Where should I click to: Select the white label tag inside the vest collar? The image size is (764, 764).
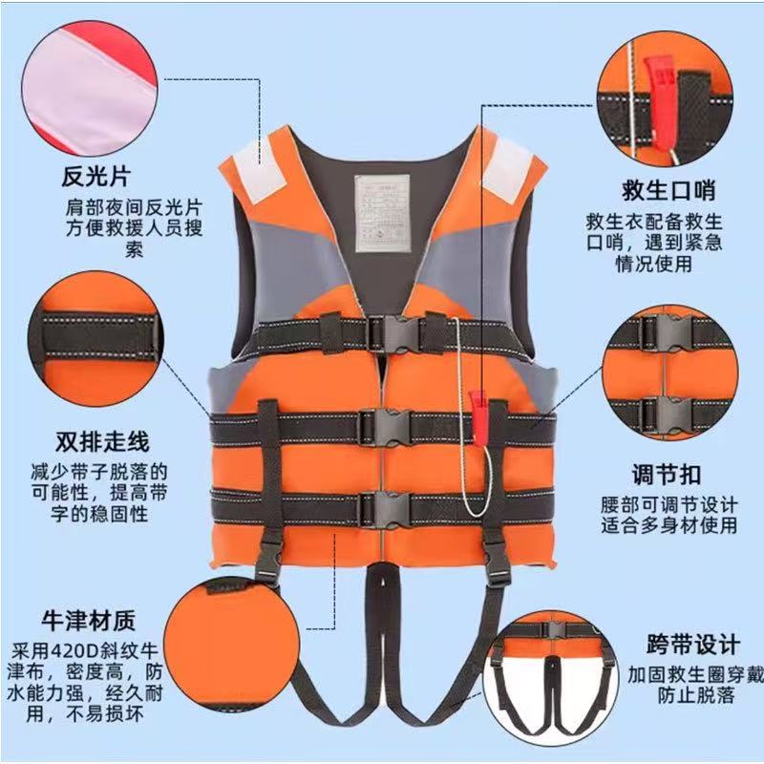click(381, 211)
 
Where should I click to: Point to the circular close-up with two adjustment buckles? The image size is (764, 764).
click(671, 373)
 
